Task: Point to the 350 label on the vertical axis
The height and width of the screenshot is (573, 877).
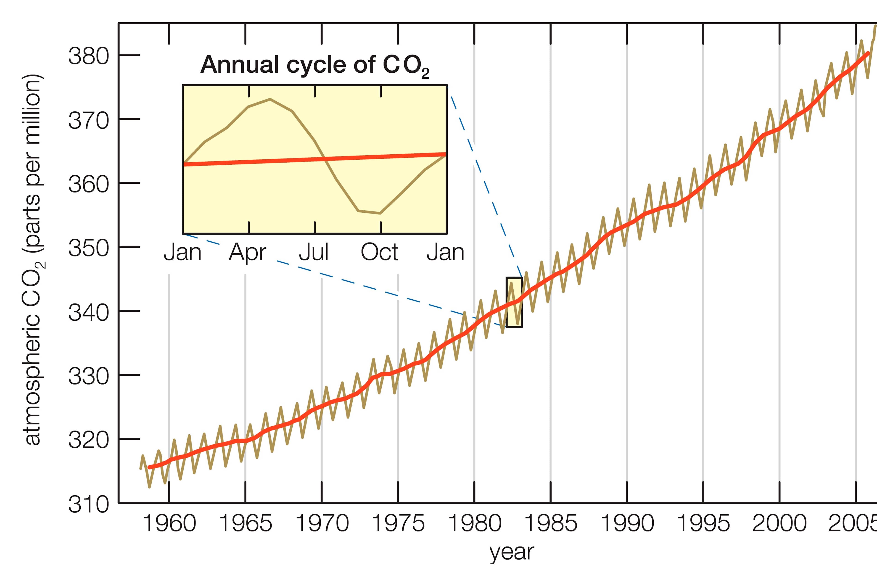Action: pyautogui.click(x=88, y=248)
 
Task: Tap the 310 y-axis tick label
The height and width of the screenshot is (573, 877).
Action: pyautogui.click(x=88, y=504)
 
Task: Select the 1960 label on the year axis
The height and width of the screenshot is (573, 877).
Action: pyautogui.click(x=169, y=523)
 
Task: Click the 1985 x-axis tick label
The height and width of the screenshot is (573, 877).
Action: pyautogui.click(x=550, y=523)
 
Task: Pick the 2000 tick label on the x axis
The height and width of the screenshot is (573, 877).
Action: pyautogui.click(x=779, y=523)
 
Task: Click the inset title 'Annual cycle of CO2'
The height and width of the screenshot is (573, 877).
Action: pyautogui.click(x=315, y=65)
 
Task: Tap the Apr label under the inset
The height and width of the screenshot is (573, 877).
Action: pyautogui.click(x=247, y=252)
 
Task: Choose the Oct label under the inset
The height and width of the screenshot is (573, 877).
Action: pyautogui.click(x=380, y=252)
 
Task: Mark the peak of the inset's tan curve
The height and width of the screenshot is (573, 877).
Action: pyautogui.click(x=270, y=99)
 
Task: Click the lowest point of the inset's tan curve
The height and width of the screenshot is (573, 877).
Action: pyautogui.click(x=380, y=213)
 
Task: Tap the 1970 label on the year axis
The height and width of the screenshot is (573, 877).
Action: pyautogui.click(x=322, y=523)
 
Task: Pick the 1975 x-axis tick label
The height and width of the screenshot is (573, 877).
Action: pyautogui.click(x=398, y=523)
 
